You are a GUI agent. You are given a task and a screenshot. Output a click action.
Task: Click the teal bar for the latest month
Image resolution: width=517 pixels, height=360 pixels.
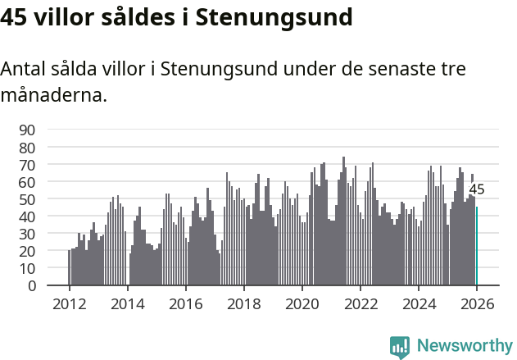[477, 246]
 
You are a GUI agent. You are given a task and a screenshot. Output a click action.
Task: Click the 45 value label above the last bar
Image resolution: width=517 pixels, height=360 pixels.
[477, 189]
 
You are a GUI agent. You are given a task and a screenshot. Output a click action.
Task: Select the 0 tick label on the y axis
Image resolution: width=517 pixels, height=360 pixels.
[32, 286]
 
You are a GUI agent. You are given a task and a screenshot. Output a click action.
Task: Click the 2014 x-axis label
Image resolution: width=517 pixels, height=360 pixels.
[127, 303]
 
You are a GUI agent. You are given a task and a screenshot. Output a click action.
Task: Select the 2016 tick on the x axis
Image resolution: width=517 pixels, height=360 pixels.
[185, 303]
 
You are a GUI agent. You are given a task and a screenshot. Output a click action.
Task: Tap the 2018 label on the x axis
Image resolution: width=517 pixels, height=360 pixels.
[243, 303]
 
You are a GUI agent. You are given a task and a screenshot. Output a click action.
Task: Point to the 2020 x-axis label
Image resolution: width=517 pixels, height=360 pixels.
[302, 303]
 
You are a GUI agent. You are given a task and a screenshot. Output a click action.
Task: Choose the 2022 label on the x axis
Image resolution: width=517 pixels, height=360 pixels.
[360, 303]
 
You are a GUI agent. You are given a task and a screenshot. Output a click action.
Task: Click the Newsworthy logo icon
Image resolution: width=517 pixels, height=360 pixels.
[400, 347]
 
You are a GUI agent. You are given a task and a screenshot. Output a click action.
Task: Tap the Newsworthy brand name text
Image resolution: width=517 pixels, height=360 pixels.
[464, 346]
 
